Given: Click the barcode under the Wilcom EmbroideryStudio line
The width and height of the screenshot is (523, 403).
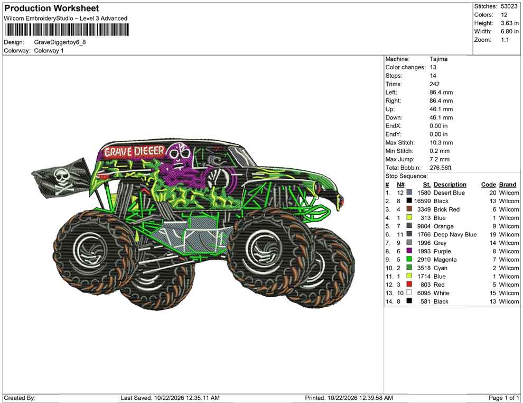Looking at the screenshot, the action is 67,30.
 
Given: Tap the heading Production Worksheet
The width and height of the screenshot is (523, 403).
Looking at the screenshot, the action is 52,8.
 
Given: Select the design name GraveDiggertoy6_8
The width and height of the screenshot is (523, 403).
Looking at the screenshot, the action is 60,42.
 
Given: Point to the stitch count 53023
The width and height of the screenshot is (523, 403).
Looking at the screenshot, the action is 509,6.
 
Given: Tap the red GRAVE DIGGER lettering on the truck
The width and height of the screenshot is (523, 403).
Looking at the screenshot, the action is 134,152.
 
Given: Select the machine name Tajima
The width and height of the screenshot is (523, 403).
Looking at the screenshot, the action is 438,59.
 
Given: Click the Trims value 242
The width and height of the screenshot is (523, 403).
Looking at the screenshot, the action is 435,84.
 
